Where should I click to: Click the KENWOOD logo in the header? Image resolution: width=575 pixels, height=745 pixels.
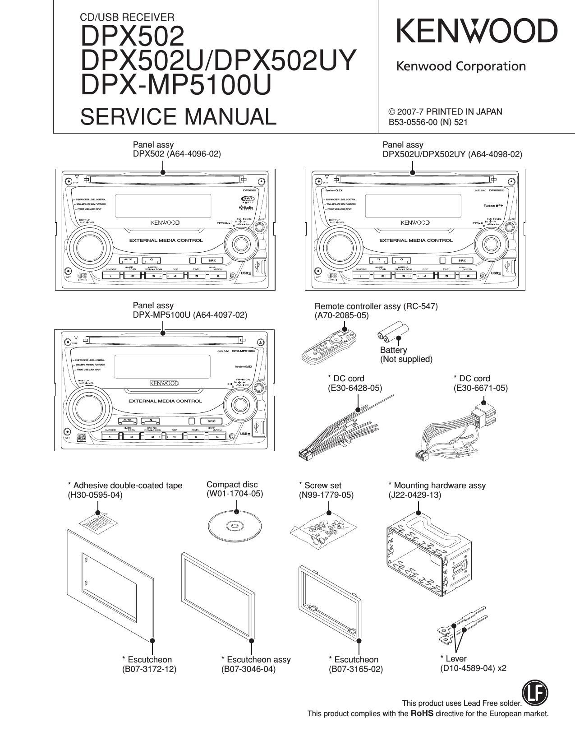coord(477,32)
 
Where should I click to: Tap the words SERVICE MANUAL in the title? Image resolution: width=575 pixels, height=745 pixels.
coord(178,116)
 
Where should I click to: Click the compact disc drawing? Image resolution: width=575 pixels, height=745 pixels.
coord(235,526)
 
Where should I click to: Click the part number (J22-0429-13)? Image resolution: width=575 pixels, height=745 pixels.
coord(415,495)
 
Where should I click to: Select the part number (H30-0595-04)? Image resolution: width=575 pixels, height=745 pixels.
coord(95,495)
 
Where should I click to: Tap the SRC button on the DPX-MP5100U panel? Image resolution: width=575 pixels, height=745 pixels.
coord(212,421)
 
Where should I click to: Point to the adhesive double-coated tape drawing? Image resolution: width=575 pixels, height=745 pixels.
coord(99,523)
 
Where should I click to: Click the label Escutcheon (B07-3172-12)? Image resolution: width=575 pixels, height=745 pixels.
coord(149,664)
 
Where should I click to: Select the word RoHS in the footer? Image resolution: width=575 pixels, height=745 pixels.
coord(422,713)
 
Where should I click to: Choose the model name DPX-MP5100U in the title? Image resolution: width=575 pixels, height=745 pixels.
coord(176,85)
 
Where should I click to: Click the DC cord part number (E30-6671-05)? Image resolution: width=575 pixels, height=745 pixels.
coord(480,388)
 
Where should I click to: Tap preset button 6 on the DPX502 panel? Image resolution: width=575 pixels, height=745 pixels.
coord(217,276)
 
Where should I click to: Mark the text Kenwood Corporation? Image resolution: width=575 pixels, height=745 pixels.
coord(460,67)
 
